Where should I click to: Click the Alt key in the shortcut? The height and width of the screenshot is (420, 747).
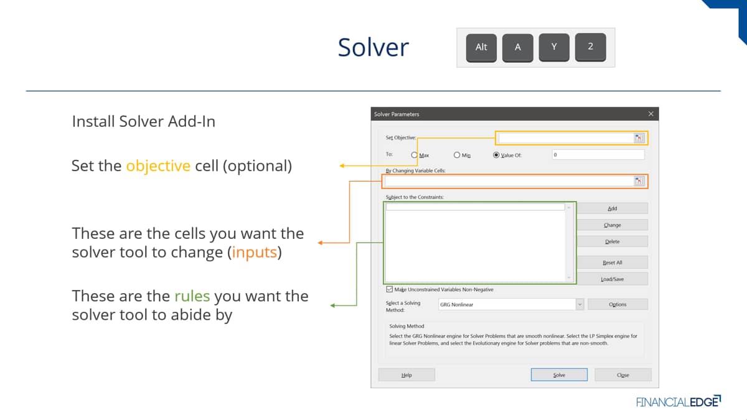point(481,47)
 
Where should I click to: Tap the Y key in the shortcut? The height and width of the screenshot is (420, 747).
point(554,47)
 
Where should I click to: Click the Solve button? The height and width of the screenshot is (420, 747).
point(559,375)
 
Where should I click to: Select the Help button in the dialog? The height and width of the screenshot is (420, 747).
point(406,375)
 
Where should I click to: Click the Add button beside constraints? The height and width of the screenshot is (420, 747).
point(613,208)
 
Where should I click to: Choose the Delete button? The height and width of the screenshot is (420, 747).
point(613,241)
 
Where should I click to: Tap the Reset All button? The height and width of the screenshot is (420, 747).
point(613,263)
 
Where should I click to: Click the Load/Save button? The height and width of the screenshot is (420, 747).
point(613,279)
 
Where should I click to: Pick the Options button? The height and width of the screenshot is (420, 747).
point(618,304)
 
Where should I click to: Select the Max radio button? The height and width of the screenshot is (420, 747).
point(414,155)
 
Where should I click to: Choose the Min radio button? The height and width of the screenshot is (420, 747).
point(457,155)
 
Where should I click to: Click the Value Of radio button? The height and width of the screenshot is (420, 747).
point(496,155)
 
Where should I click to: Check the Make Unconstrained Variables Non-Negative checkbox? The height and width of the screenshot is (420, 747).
point(389,289)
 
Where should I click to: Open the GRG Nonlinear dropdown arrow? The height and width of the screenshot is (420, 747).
point(580,304)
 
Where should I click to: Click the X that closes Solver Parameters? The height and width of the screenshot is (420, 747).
point(651,114)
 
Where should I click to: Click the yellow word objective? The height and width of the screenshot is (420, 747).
point(158,166)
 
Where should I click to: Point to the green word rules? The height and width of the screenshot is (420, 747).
point(192,296)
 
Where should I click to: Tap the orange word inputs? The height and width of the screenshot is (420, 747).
point(255,253)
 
